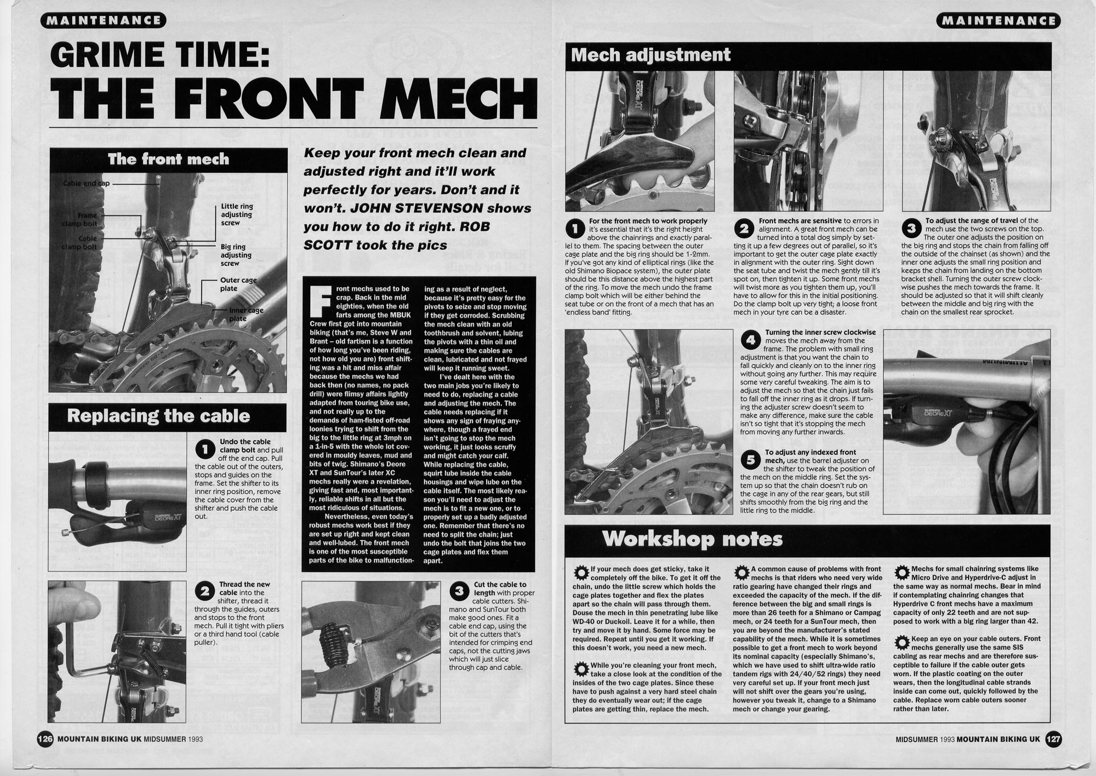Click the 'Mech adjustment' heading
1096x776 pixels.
tap(651, 55)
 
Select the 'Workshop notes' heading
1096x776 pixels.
tap(693, 539)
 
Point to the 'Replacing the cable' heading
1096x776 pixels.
tap(158, 416)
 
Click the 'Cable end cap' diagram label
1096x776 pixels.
tap(86, 184)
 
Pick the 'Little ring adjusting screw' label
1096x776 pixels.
tap(237, 214)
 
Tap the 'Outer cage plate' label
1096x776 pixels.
tap(238, 284)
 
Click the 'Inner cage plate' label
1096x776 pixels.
tap(246, 314)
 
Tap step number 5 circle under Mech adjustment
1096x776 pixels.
tap(750, 460)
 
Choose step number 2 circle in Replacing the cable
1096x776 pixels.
tap(204, 591)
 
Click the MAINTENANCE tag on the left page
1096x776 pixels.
tap(102, 21)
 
